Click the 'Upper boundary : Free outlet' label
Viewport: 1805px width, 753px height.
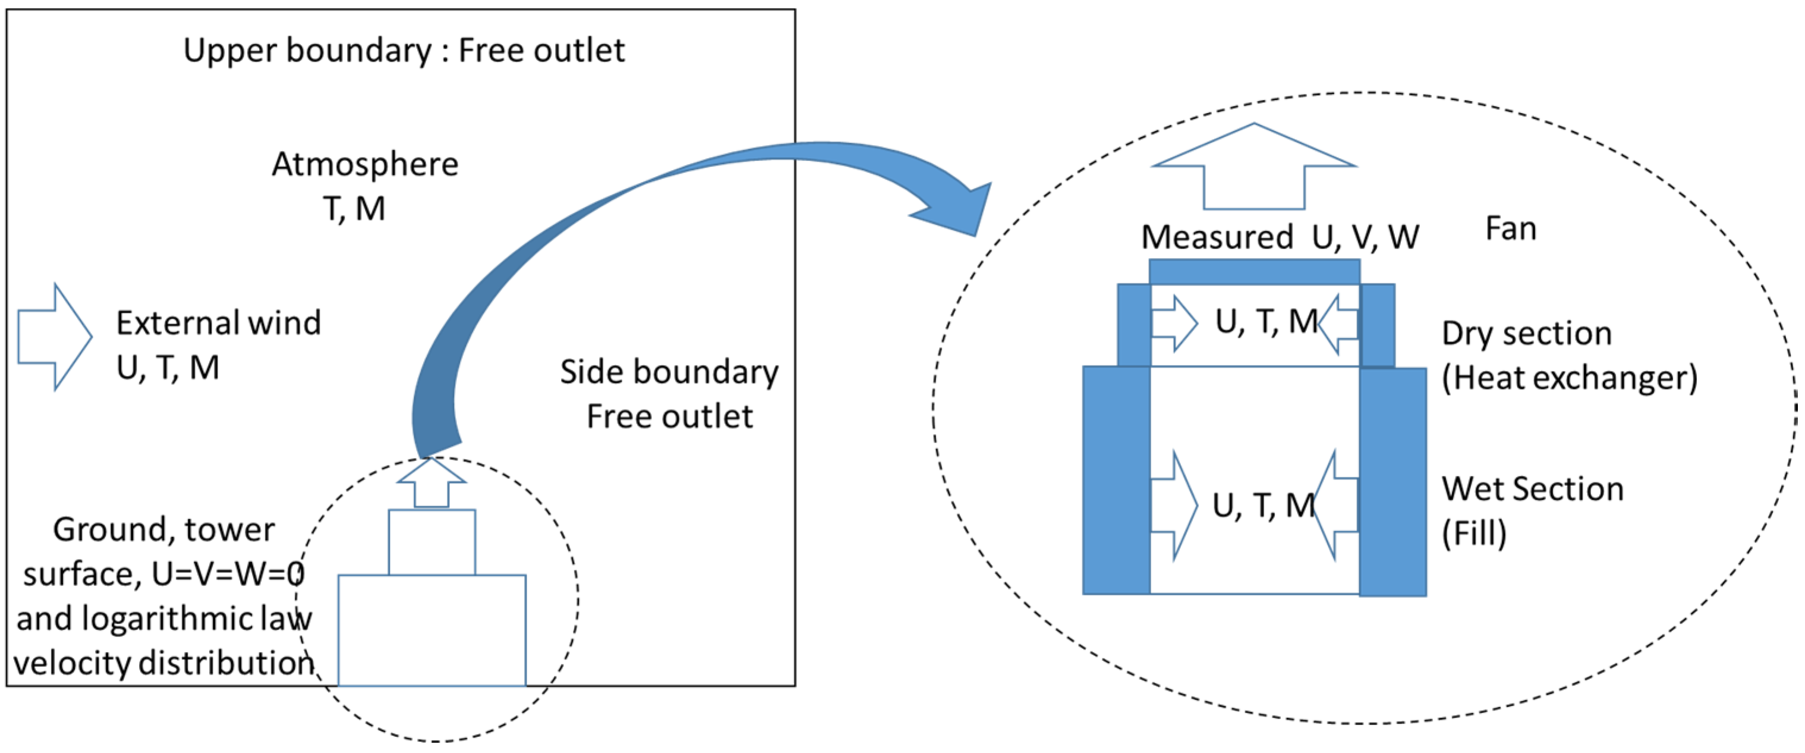[404, 51]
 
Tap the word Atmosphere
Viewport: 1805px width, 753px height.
[365, 165]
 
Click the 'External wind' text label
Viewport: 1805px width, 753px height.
[218, 323]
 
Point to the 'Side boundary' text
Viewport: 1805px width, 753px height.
[669, 372]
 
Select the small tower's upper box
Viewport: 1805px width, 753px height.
[431, 542]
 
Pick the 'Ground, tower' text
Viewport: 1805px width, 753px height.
[164, 529]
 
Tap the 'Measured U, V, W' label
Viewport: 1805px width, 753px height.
[1280, 237]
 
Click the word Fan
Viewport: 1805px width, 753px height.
[1511, 229]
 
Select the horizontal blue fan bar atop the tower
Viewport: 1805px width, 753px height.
[1253, 271]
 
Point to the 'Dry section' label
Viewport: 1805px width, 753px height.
[1526, 334]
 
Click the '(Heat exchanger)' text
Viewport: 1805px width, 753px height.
[1569, 379]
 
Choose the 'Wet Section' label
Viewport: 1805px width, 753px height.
[1532, 489]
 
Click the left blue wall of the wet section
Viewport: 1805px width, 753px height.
[1116, 480]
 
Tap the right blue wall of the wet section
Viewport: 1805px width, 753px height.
[1393, 482]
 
